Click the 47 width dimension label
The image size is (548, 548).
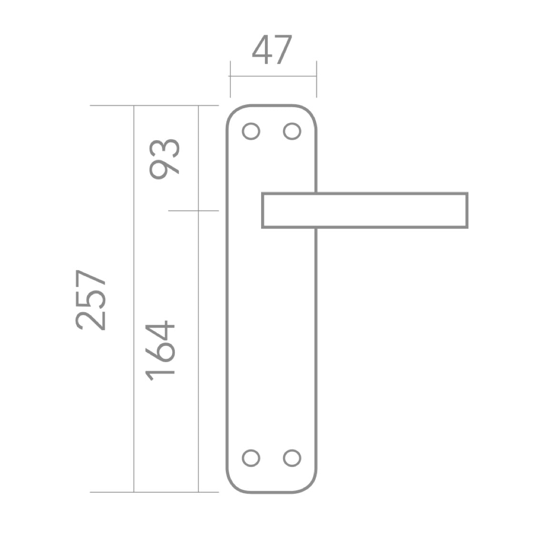pos(272,50)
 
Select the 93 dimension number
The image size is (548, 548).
pos(164,159)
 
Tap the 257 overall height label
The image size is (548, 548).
pos(90,300)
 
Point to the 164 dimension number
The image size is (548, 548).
pos(160,351)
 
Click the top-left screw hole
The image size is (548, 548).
pos(251,132)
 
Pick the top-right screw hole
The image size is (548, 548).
pos(292,132)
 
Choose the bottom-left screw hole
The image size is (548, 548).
pos(251,458)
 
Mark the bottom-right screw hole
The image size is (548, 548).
pos(292,458)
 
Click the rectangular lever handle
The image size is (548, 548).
pos(365,193)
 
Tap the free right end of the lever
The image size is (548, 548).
pos(467,211)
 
